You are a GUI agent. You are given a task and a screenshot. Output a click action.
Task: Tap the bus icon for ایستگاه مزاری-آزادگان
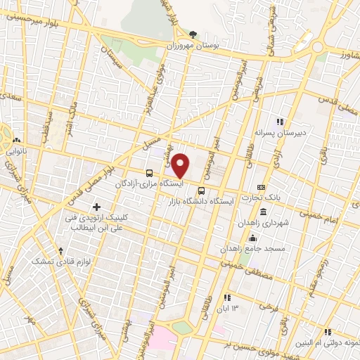[149, 173]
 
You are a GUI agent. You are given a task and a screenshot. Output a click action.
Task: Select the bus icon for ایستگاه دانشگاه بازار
[202, 191]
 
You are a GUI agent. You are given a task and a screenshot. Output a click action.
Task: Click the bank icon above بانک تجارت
[261, 188]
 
